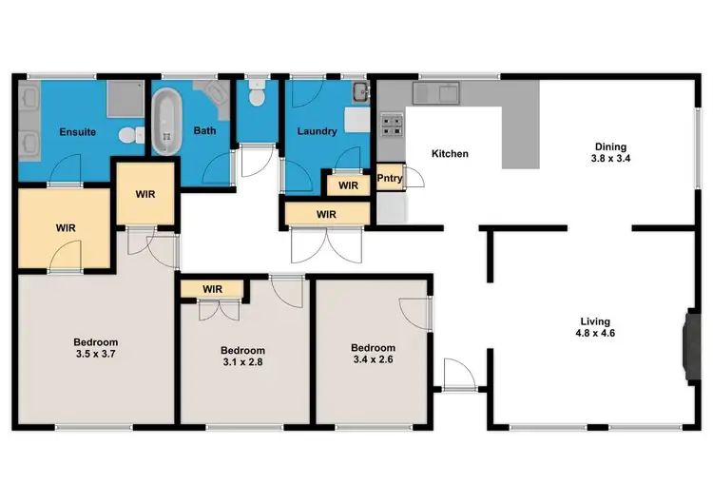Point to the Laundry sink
[359, 93]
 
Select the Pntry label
[389, 178]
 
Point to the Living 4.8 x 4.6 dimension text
[597, 334]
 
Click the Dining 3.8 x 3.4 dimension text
[609, 159]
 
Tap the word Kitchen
[451, 153]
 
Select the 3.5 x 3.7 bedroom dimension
[96, 354]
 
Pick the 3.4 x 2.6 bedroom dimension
[373, 359]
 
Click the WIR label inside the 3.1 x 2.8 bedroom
[212, 288]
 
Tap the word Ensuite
[77, 131]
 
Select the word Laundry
[317, 131]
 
